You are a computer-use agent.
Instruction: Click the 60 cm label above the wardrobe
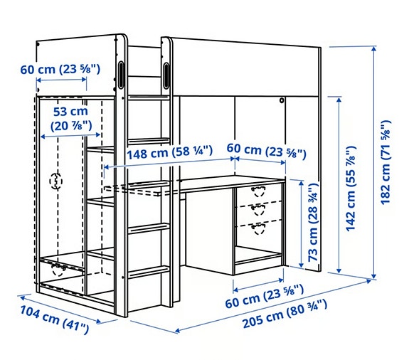coord(60,69)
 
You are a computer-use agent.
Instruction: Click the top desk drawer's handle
coord(259,190)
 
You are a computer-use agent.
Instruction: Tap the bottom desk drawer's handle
coord(259,226)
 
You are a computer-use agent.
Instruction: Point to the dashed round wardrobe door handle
coord(55,182)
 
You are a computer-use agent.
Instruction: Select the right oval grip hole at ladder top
coord(167,74)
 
